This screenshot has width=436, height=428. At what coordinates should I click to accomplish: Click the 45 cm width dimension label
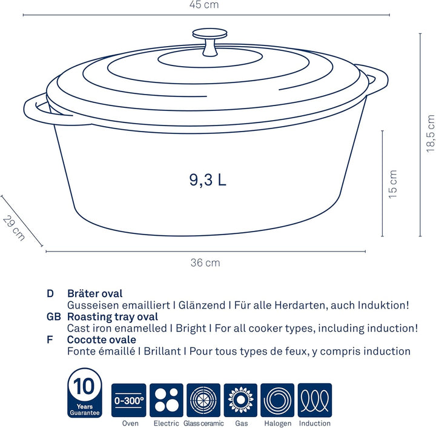pos(205,5)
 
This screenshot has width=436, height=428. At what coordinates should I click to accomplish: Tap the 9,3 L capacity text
pos(207,180)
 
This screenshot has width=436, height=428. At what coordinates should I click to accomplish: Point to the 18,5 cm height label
pos(430,133)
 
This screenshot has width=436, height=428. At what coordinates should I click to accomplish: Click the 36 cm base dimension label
pos(205,263)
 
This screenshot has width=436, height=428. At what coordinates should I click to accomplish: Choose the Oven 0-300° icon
pos(129,400)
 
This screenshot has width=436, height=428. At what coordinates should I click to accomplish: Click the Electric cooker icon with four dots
pos(167,400)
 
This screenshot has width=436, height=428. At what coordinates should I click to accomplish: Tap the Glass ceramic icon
pos(203,400)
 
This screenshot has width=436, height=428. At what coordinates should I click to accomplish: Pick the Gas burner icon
pos(240,400)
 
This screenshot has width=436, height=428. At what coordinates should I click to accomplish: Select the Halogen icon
pos(277,400)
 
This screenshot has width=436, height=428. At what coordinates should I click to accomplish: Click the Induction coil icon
pos(315,400)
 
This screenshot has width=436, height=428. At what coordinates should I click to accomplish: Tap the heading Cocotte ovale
pos(101,340)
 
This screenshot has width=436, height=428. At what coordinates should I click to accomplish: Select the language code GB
pos(53,317)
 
